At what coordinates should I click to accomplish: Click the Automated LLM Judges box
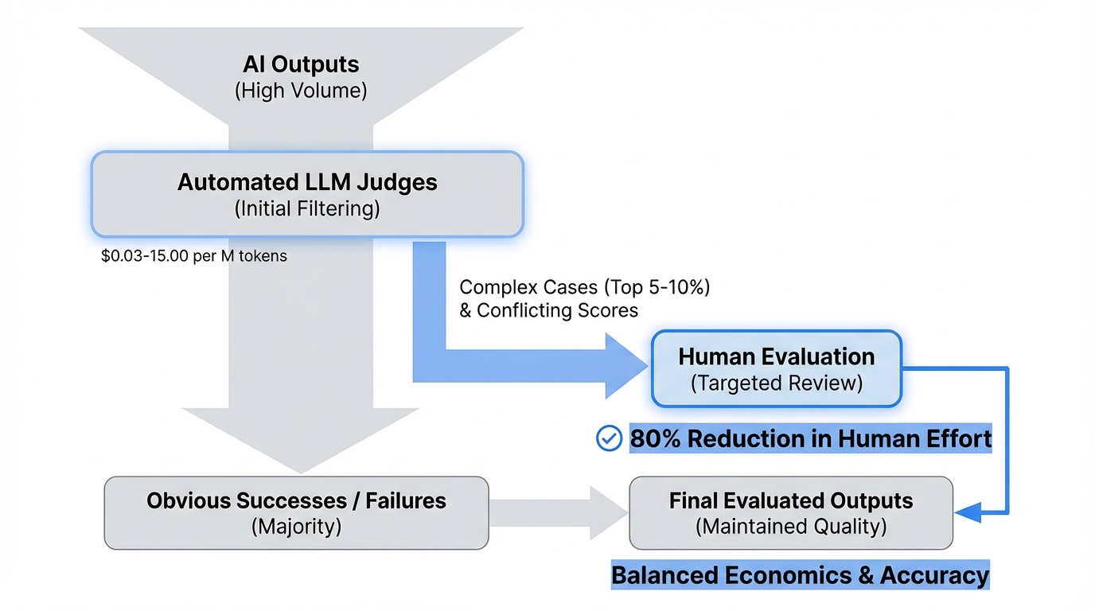click(307, 194)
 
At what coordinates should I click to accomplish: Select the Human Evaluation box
click(776, 369)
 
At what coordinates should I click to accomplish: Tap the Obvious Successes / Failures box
click(296, 512)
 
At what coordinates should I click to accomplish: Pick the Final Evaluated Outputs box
click(790, 512)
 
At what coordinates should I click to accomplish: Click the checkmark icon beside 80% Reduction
click(609, 438)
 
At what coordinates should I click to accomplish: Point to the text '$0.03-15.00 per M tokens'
click(194, 257)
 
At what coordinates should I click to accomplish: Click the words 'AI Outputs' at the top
click(301, 64)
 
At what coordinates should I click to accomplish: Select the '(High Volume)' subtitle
click(301, 91)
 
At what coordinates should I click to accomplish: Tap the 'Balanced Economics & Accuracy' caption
click(800, 575)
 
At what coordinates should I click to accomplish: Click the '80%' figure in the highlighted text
click(655, 438)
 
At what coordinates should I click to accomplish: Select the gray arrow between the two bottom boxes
click(557, 512)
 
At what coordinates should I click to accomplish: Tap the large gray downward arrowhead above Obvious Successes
click(301, 438)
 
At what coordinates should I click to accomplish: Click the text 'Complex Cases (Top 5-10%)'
click(584, 287)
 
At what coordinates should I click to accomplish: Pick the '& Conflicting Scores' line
click(549, 310)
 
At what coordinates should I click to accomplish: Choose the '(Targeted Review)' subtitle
click(776, 383)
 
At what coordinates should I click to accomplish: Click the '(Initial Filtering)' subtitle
click(307, 208)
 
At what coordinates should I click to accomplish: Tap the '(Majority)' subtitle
click(296, 527)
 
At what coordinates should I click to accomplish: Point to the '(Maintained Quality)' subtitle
click(790, 527)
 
